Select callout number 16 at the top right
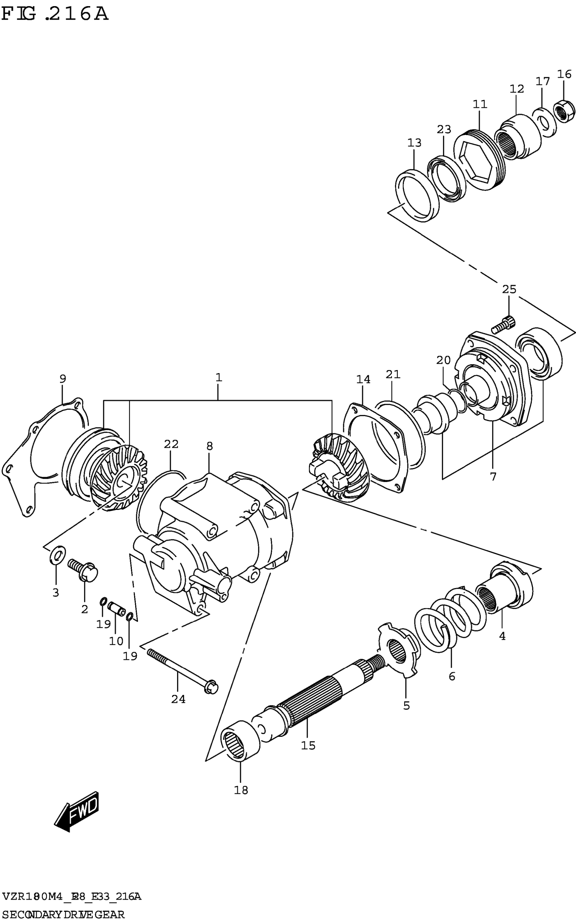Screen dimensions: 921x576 (x=564, y=74)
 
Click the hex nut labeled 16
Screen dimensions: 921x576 (x=564, y=111)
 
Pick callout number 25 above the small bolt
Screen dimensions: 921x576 (x=509, y=289)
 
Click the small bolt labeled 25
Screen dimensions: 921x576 (x=503, y=324)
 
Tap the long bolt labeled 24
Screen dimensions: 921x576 (x=181, y=668)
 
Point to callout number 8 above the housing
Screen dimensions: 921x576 (x=209, y=446)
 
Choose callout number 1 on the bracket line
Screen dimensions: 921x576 (x=218, y=378)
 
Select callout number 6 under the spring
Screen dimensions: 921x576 (x=452, y=676)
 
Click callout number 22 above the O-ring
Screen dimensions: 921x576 (x=171, y=444)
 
